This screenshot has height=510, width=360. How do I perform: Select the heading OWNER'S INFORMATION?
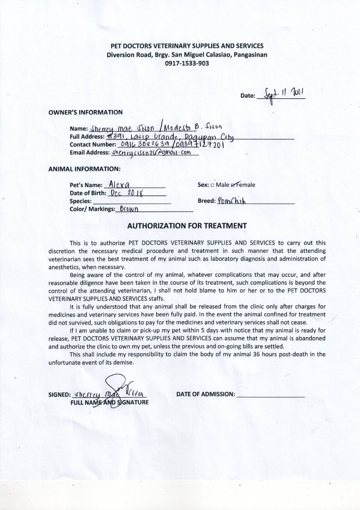click(86, 112)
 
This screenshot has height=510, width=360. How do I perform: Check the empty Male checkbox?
click(213, 185)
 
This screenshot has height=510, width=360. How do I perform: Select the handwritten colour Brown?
click(129, 209)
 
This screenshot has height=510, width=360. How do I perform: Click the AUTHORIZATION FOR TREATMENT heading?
click(187, 226)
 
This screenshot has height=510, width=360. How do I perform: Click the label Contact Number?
click(92, 144)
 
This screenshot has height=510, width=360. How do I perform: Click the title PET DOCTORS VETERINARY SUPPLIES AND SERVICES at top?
click(187, 46)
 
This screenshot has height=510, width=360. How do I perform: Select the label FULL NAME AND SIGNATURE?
click(110, 402)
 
